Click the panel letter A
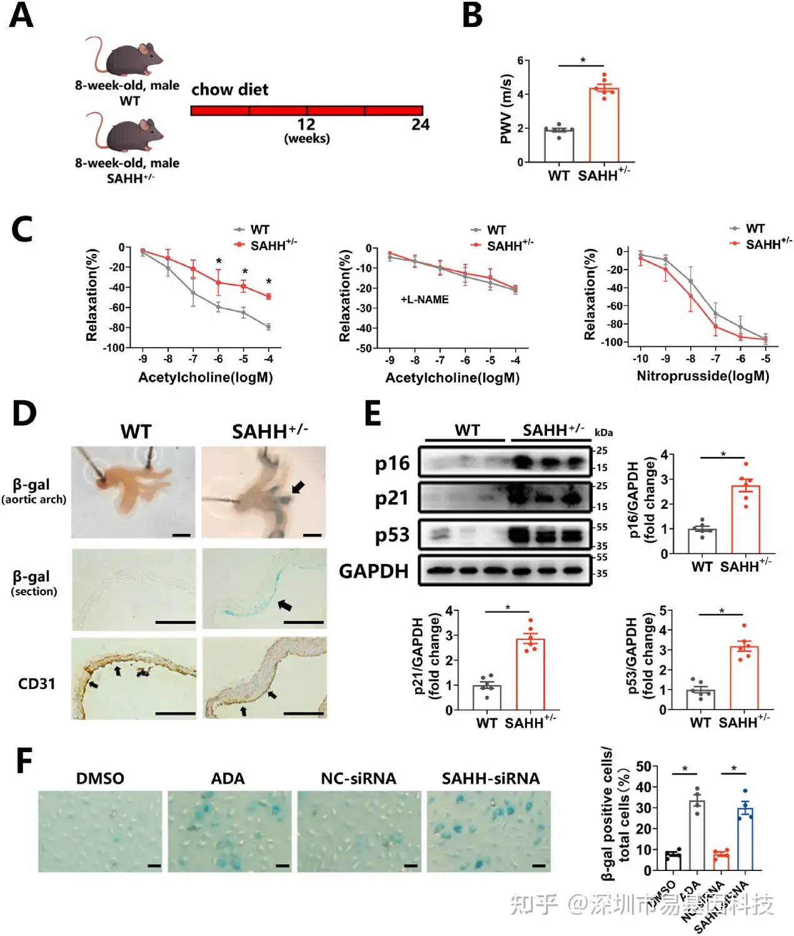coord(21,16)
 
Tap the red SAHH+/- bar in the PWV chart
coord(604,125)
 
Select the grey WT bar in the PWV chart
coord(559,145)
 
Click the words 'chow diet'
coord(229,90)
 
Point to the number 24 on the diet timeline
coord(420,125)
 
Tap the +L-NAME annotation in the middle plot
coord(425,299)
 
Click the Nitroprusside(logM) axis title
coord(703,376)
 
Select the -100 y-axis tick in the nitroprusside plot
coord(611,342)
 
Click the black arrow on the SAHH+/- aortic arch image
coord(298,486)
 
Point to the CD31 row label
coord(36,683)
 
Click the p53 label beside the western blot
coord(392,535)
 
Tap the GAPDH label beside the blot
coord(373,571)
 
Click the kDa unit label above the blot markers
coord(603,433)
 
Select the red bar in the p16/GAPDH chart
coord(745,519)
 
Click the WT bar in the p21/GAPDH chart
coord(486,697)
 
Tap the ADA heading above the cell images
coord(228,778)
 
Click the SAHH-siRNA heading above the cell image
coord(490,778)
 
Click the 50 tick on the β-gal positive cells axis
coord(643,767)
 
